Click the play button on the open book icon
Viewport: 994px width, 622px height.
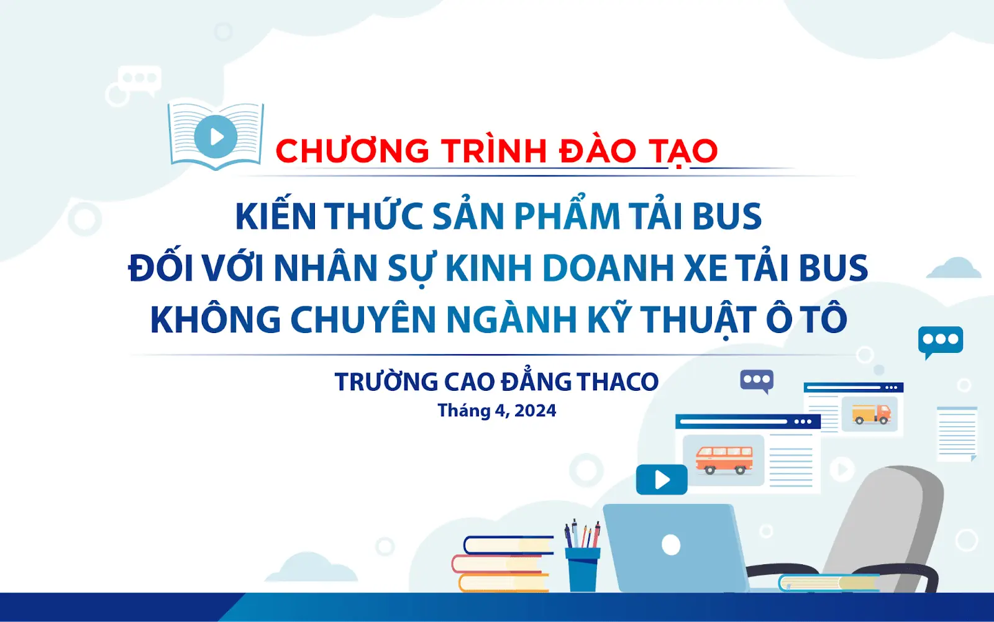tap(216, 136)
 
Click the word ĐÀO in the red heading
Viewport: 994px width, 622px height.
tap(598, 151)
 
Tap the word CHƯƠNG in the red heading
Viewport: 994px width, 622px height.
tap(352, 151)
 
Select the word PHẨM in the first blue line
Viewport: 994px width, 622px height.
tap(567, 216)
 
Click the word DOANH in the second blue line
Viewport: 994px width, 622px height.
tap(608, 268)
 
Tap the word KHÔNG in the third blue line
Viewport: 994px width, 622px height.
tap(216, 319)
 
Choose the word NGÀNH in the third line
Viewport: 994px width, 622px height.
tap(511, 319)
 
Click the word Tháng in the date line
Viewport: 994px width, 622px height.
tap(463, 411)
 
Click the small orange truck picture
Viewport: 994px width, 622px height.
tap(870, 414)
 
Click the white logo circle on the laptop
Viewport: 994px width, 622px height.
tap(671, 545)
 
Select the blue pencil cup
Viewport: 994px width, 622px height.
tap(583, 569)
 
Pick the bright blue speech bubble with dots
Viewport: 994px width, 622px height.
tap(941, 340)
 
